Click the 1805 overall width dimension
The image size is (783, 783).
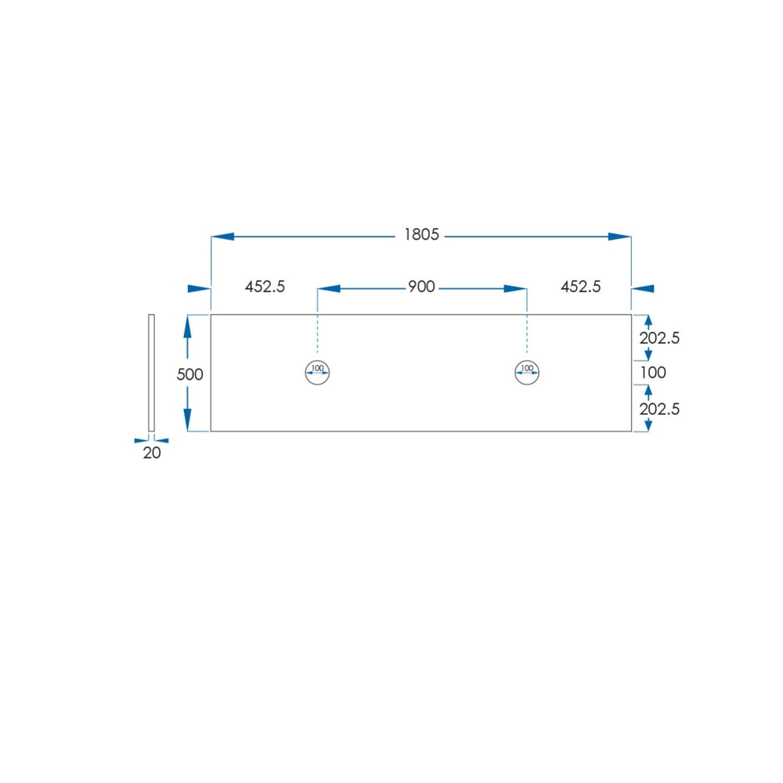[421, 235]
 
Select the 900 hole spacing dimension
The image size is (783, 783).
[421, 287]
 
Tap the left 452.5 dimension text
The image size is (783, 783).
[265, 287]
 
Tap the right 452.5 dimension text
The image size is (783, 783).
[580, 287]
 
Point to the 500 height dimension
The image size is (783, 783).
[189, 374]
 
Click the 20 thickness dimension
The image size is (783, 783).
[152, 453]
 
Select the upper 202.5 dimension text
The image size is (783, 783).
[659, 338]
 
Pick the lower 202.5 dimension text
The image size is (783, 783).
[659, 409]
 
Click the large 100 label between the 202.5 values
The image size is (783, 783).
[653, 373]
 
